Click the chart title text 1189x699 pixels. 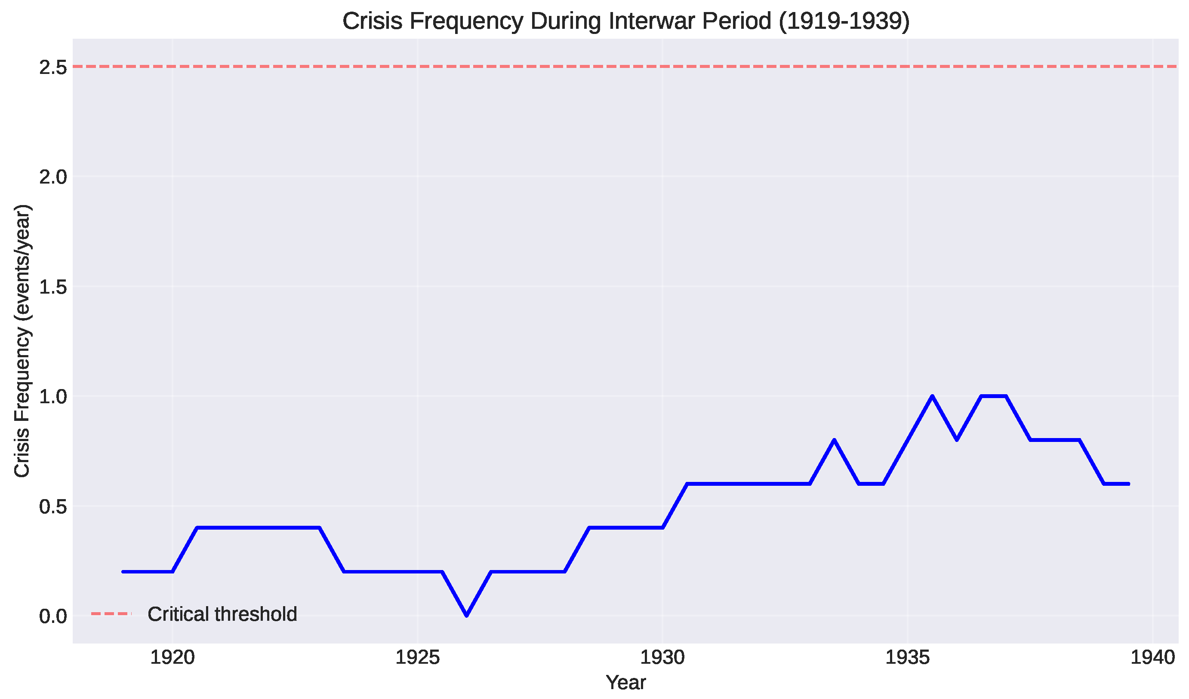coord(625,21)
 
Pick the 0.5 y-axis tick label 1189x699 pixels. coord(53,507)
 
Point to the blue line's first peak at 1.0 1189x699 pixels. coord(932,396)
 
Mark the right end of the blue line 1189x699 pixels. coord(1128,484)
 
